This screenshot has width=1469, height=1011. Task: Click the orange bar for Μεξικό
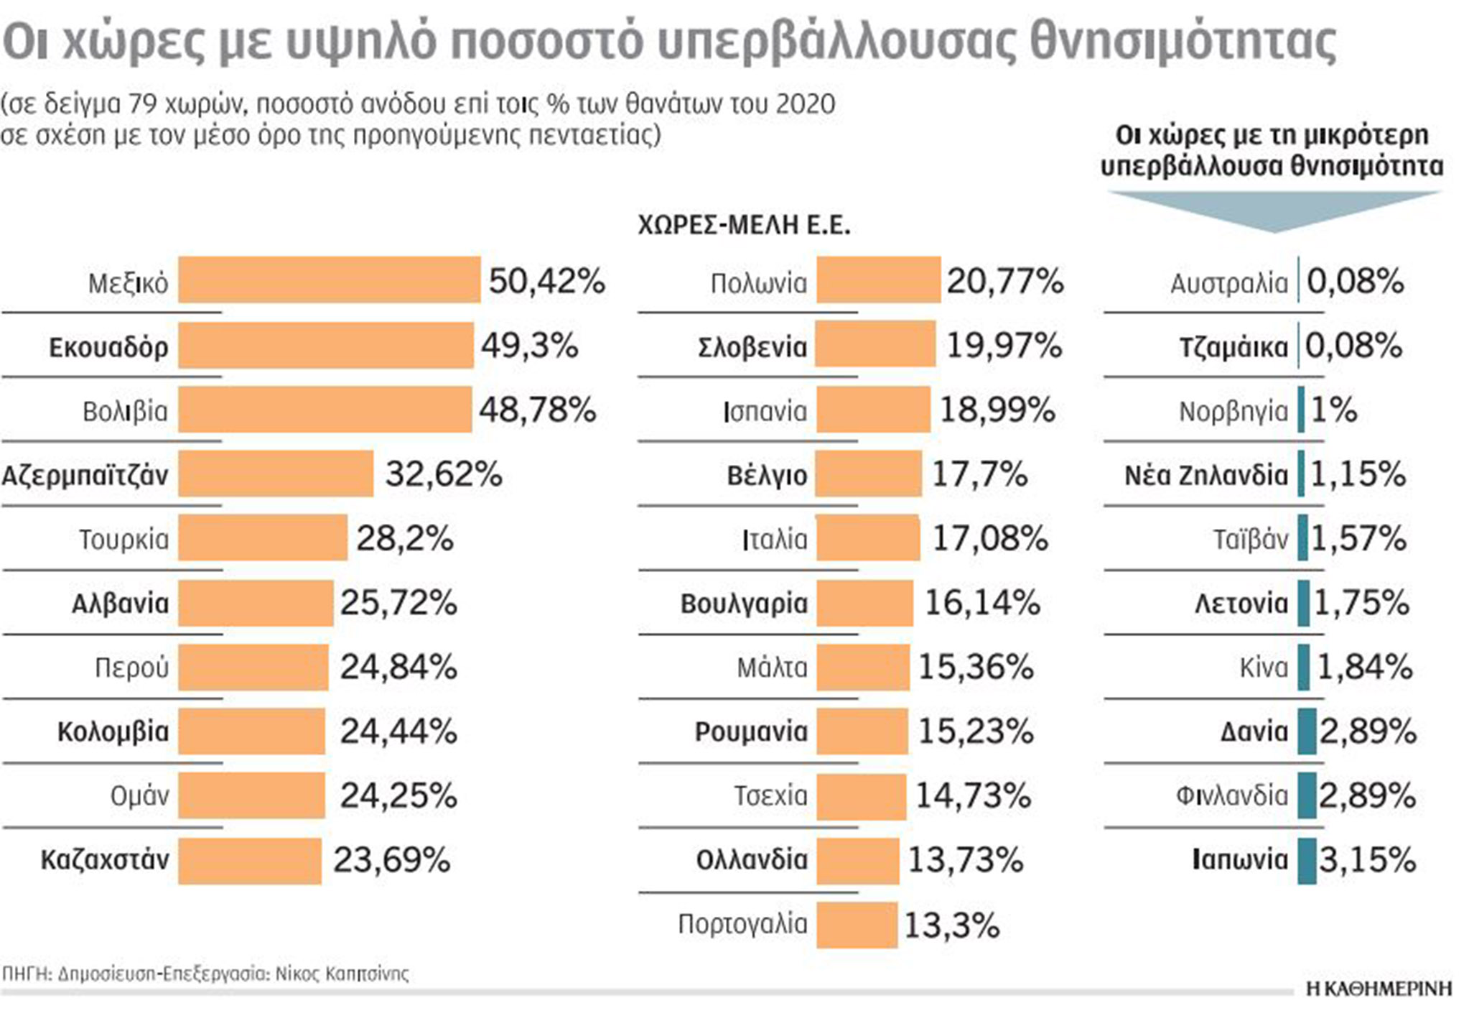329,280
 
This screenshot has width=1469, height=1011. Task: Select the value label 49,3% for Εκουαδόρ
529,346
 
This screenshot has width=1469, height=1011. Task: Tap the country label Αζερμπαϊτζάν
85,475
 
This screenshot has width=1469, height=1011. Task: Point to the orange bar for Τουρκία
263,537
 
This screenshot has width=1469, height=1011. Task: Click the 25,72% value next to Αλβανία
398,602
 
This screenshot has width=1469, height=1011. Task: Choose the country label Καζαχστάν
105,859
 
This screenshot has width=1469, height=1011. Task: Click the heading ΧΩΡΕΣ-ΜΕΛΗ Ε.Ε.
744,226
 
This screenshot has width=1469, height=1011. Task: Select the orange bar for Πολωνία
878,280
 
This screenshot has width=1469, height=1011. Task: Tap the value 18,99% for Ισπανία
997,410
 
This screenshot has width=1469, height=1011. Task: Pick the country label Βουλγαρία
744,603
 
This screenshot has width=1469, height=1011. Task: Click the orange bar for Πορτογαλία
857,925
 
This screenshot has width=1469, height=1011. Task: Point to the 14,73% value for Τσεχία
973,795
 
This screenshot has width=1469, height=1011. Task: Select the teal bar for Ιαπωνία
1307,860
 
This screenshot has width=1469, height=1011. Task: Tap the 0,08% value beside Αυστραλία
1355,281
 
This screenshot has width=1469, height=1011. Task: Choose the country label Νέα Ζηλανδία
1205,475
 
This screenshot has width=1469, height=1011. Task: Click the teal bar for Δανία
1307,731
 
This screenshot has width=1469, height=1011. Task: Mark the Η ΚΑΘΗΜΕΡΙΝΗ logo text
1379,989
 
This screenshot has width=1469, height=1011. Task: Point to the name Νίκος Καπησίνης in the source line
342,974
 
